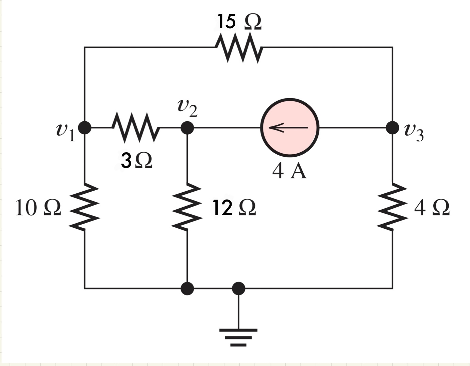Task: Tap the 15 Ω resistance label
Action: [x=239, y=22]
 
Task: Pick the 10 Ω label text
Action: [x=38, y=208]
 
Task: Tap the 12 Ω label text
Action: [x=234, y=208]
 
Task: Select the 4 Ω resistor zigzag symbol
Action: [x=393, y=207]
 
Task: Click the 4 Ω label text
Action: [x=432, y=208]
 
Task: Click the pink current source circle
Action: [x=290, y=128]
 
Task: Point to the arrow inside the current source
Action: [x=288, y=128]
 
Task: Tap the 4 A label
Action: [x=289, y=171]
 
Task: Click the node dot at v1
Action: [x=85, y=128]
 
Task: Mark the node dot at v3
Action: [x=393, y=128]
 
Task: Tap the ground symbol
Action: [x=238, y=336]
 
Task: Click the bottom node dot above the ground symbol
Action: [x=238, y=289]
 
